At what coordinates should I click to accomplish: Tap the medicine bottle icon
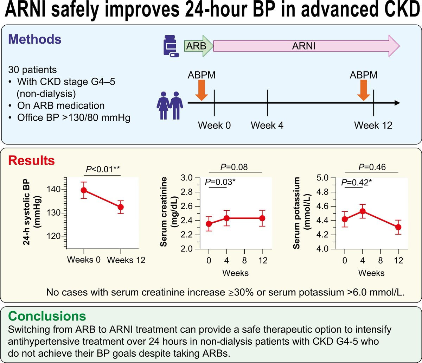click(x=170, y=46)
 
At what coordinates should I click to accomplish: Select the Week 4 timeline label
click(x=267, y=125)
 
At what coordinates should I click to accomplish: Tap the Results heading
click(x=31, y=161)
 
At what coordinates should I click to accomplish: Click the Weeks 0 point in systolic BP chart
click(x=84, y=190)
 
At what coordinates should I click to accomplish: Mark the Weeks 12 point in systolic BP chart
click(x=121, y=207)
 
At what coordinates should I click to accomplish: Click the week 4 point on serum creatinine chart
click(x=226, y=218)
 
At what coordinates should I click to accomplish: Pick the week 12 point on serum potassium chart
click(x=398, y=227)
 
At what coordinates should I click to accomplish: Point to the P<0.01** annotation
click(x=103, y=170)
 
